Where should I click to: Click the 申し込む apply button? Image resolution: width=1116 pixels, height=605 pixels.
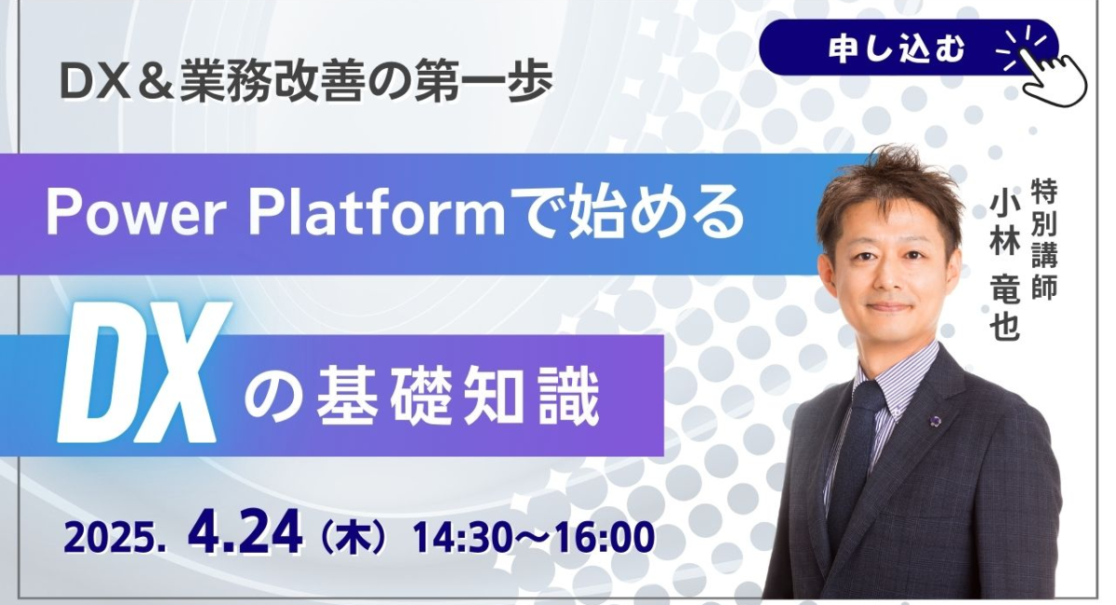pos(908,47)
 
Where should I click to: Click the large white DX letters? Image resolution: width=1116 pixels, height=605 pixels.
pos(143,372)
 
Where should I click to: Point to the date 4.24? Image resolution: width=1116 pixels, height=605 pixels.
pos(246,532)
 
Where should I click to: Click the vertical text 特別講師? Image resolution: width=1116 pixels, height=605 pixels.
pos(1043,240)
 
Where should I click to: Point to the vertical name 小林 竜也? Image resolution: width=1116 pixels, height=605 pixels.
pos(1005,267)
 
